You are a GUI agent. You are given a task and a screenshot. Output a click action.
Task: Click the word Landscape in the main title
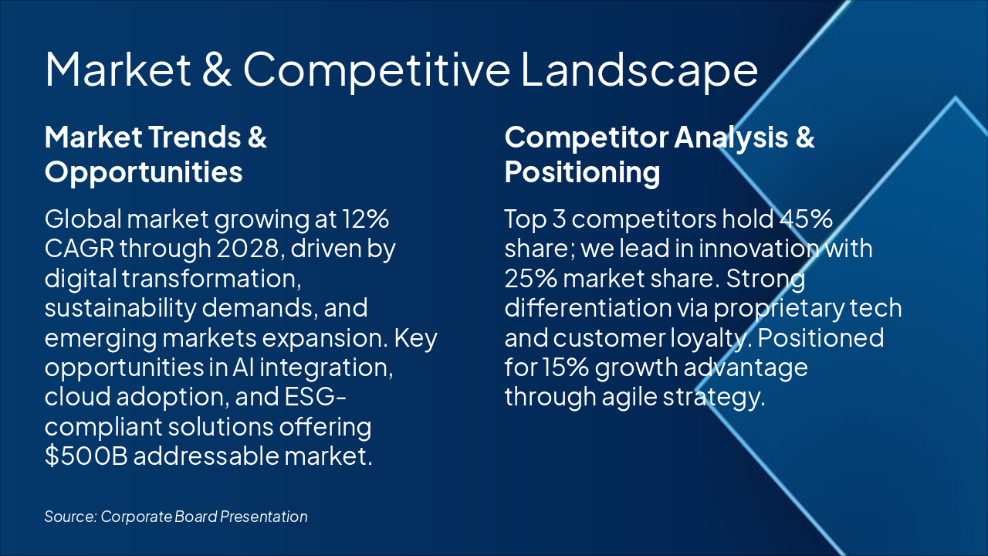point(639,70)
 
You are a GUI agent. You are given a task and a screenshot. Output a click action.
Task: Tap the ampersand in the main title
point(217,69)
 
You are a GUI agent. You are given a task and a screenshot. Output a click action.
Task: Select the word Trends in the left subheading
point(195,137)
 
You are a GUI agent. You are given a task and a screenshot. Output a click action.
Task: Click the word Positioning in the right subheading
point(582,172)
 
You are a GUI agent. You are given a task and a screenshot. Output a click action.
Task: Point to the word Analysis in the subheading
point(731,137)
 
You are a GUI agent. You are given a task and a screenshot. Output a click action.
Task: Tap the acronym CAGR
point(80,249)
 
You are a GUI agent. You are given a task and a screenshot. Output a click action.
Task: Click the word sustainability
point(120,308)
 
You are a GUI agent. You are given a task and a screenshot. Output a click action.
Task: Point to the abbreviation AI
point(243,368)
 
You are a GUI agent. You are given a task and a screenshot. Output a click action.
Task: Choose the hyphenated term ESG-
point(315,397)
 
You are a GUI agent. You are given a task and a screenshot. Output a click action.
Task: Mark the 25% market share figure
point(530,279)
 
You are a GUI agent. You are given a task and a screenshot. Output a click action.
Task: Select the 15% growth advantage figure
point(566,368)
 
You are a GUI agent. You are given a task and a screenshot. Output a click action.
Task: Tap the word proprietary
point(778,309)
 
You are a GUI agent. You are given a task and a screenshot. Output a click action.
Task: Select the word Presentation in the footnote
point(264,517)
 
